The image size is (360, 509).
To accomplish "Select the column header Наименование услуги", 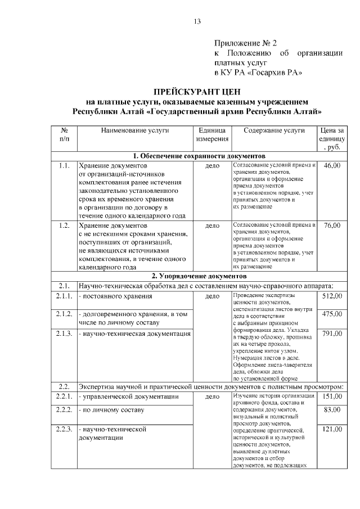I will [x=135, y=130].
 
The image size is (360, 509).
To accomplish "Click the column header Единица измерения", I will [x=211, y=134].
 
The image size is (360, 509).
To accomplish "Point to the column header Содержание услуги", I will [x=274, y=130].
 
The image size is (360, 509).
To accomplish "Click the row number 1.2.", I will [x=64, y=226].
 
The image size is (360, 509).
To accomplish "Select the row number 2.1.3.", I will [x=64, y=334].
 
